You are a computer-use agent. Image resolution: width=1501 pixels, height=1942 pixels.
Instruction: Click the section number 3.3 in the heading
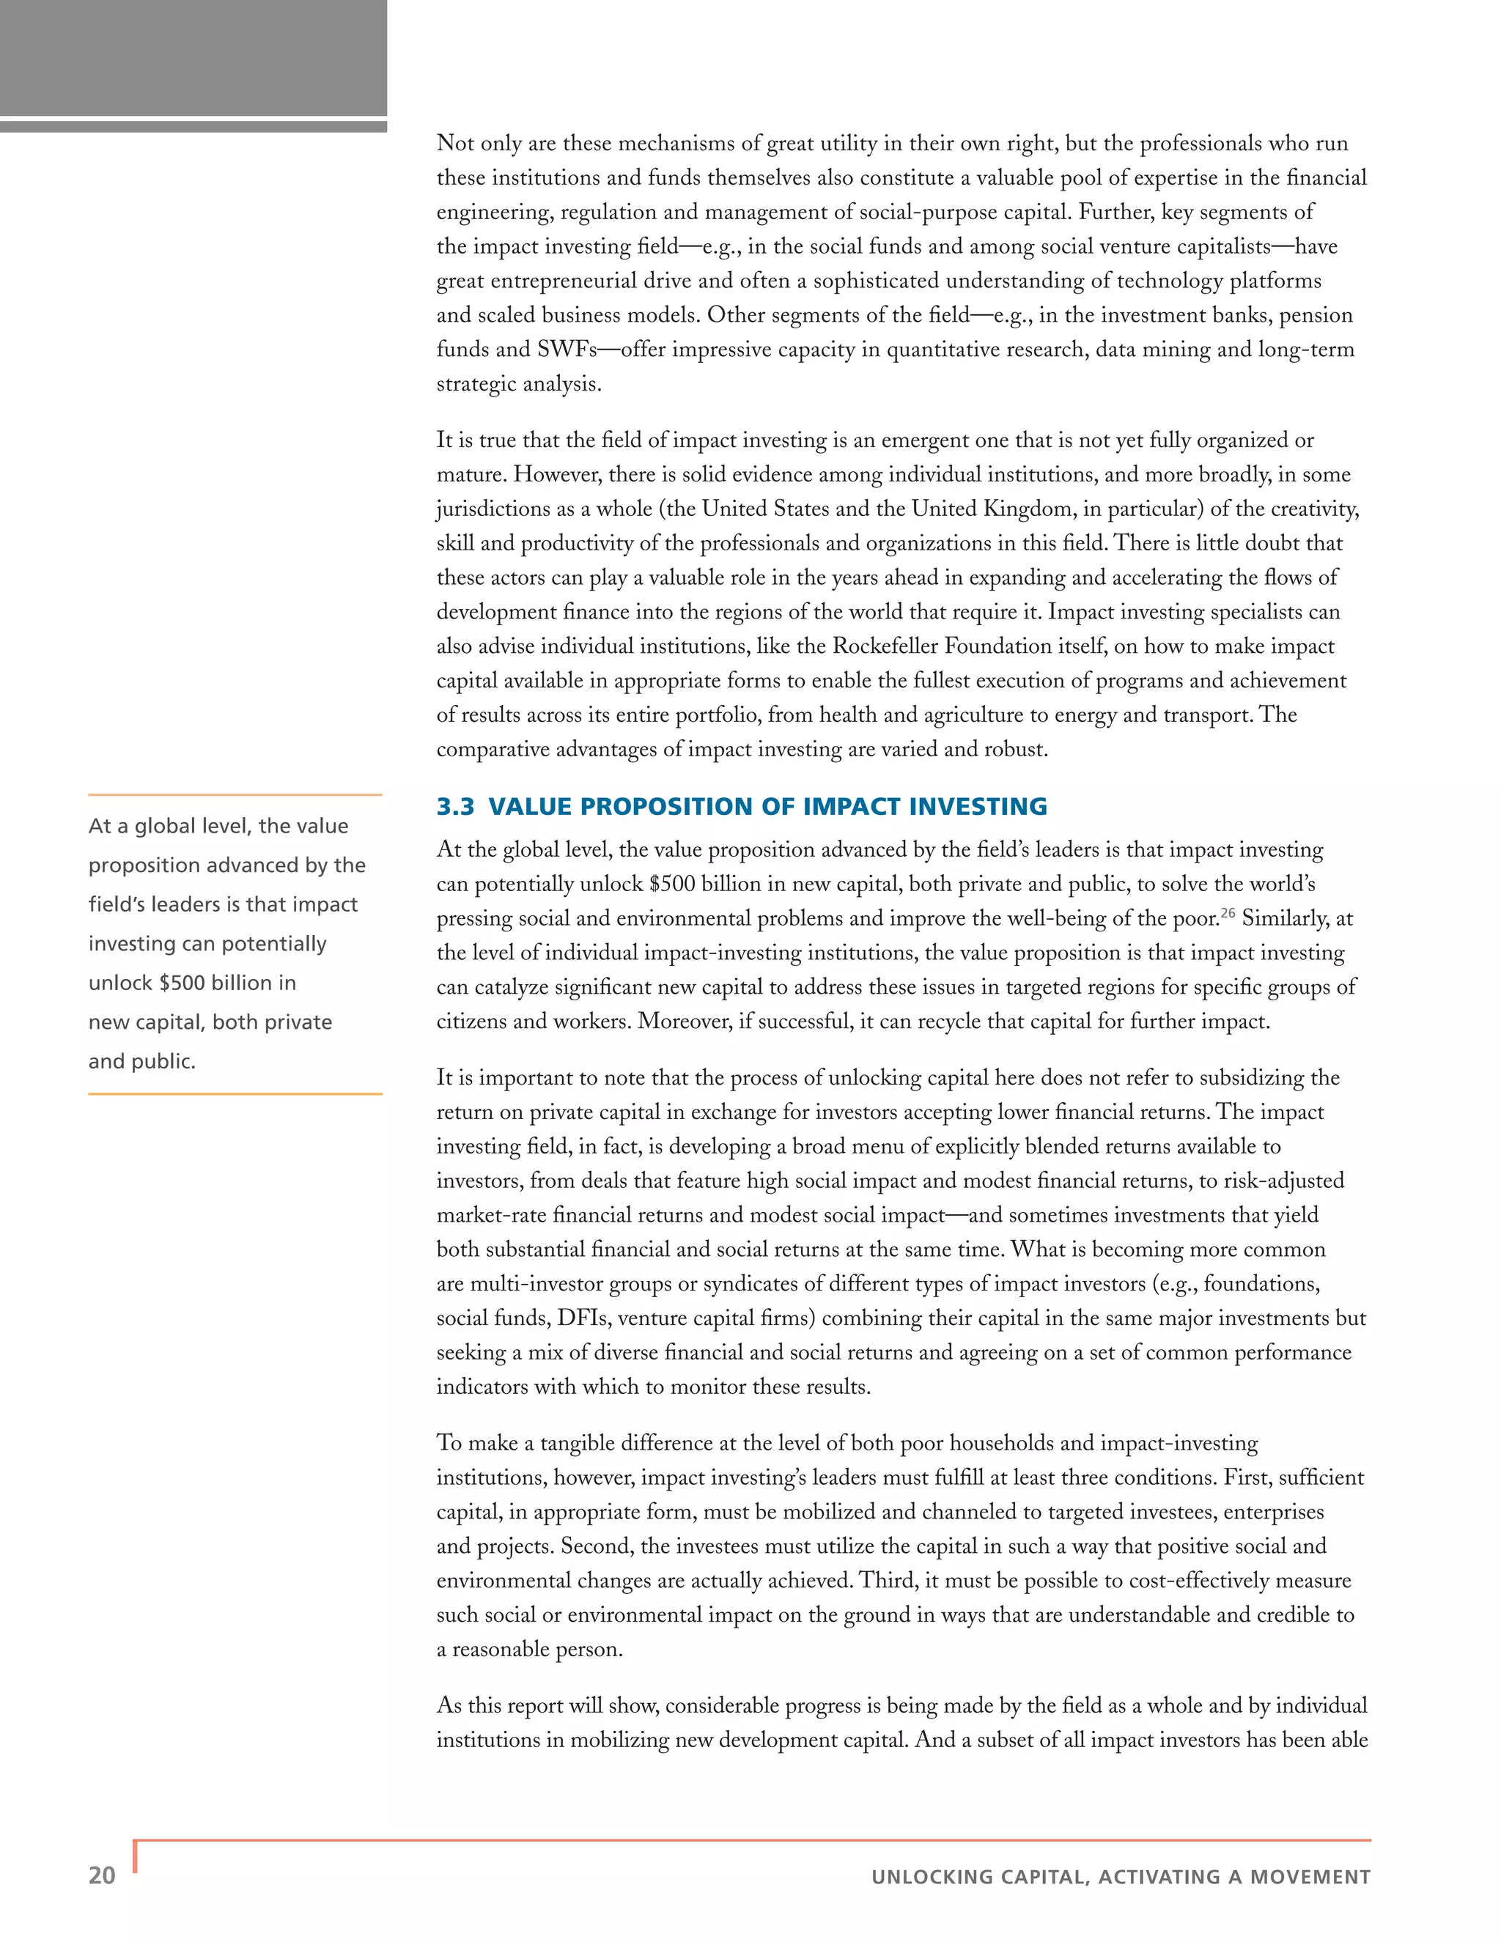click(455, 807)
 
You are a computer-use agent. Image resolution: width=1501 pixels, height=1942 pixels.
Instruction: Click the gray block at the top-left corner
click(193, 58)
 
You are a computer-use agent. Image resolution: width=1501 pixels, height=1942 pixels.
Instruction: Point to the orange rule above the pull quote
click(235, 794)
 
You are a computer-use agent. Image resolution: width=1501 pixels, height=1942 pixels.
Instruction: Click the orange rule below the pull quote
click(235, 1093)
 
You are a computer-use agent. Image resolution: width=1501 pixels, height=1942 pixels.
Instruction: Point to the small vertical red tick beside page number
click(135, 1856)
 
